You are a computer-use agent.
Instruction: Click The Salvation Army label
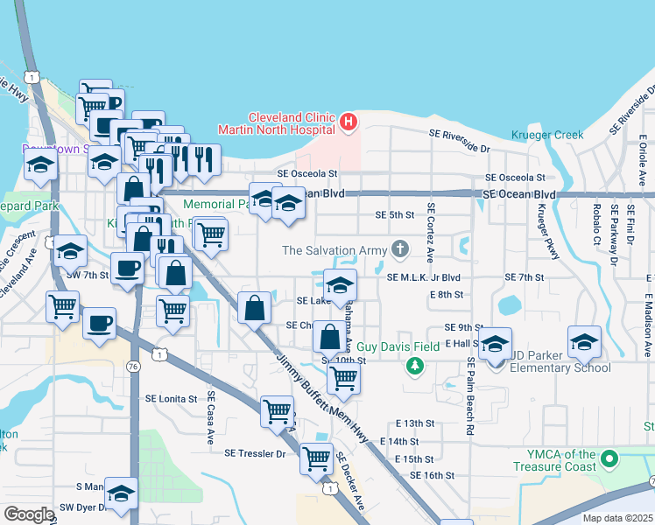334,250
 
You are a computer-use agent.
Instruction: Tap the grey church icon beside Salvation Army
400,250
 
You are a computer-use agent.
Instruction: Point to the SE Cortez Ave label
430,233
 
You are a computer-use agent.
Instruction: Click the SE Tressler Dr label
256,453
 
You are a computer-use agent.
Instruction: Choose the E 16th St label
433,475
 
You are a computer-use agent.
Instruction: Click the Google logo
28,514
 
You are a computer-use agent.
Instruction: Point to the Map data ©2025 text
616,518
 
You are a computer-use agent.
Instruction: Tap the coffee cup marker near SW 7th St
127,267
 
